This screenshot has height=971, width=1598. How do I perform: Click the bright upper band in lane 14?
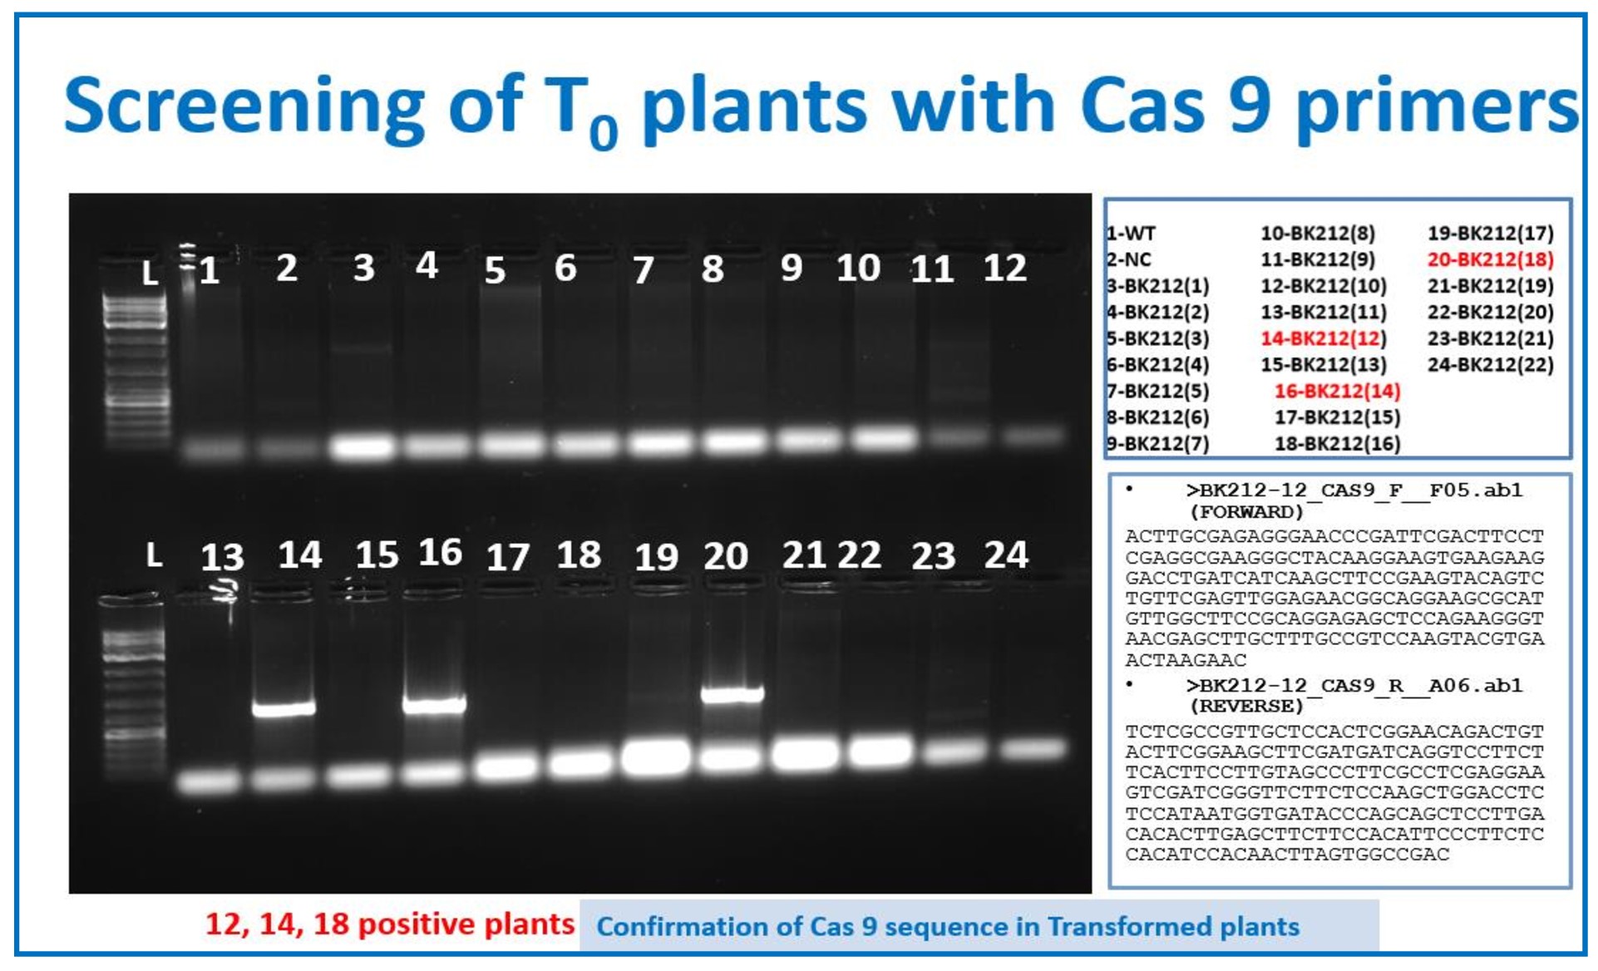(284, 708)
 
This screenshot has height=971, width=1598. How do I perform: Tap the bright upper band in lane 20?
(732, 694)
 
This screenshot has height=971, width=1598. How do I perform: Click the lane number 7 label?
(643, 269)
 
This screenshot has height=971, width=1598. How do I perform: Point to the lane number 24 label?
(1006, 555)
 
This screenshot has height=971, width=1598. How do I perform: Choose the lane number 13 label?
(222, 557)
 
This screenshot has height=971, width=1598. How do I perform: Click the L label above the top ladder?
(150, 273)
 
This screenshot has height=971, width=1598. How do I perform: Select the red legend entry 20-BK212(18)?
(1491, 259)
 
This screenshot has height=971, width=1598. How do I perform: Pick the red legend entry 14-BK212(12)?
(1324, 338)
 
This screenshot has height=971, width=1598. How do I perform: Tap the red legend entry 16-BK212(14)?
(1337, 391)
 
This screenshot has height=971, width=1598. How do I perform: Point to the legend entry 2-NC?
(1129, 259)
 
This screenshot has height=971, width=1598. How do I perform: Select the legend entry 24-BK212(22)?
(1491, 364)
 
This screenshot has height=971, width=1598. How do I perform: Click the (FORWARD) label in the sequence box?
(1246, 512)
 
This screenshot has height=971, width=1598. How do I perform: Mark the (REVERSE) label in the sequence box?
(1246, 707)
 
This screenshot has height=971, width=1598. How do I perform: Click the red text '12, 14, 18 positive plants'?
(390, 924)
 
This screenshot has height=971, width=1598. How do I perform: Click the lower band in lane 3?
(362, 446)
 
